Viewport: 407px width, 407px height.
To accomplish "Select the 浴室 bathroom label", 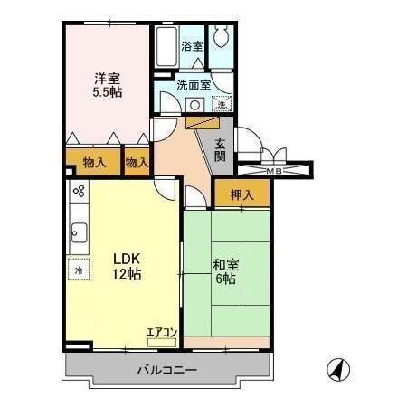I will (192, 45).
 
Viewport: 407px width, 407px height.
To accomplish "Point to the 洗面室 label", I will (193, 85).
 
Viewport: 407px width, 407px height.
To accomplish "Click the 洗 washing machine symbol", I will (222, 104).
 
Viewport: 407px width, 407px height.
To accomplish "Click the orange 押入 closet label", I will (241, 194).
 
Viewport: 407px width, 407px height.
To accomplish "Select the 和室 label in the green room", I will (225, 266).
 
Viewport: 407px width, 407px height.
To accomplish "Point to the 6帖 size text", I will (226, 280).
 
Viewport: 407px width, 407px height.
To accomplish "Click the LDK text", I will (125, 256).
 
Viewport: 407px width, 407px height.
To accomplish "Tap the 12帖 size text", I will (125, 273).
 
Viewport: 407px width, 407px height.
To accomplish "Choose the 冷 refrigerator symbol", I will (79, 270).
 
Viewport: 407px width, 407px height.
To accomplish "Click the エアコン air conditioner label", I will (162, 333).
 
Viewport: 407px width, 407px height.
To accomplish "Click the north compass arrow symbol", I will (336, 369).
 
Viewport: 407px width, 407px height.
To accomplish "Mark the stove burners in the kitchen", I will (78, 192).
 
